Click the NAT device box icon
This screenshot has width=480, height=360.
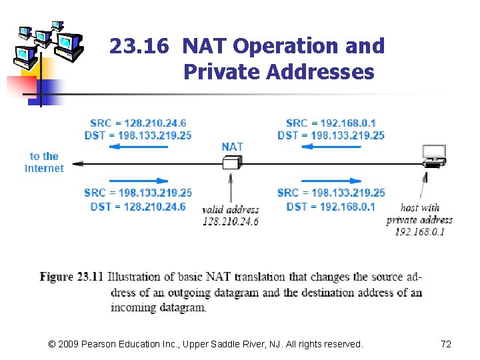[231, 163]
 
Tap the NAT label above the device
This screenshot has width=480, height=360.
[233, 147]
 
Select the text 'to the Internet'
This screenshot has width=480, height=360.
[44, 162]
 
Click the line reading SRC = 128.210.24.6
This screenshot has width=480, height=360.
[138, 123]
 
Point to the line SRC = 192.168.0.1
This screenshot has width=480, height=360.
[331, 123]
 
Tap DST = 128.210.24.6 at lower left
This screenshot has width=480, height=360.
[138, 207]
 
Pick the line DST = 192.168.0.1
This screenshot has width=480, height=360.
[331, 207]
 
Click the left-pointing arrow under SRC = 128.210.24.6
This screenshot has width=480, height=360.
[137, 147]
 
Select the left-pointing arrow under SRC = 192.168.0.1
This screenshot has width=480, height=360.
[331, 147]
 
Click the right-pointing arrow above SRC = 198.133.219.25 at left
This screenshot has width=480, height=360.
[137, 180]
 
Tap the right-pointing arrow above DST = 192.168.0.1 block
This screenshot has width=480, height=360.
[331, 180]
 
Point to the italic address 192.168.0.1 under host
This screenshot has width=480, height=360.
[420, 231]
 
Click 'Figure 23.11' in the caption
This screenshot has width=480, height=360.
[71, 277]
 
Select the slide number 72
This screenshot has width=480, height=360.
[446, 344]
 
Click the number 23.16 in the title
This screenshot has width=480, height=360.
[140, 46]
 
